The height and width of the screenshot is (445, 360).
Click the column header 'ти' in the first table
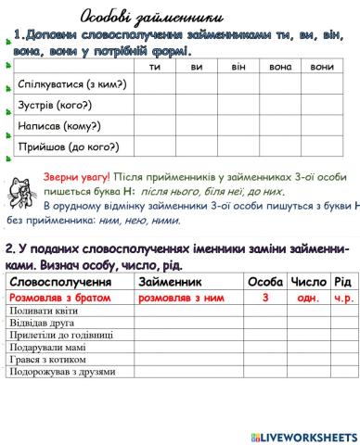(154, 68)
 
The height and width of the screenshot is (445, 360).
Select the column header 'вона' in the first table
(278, 68)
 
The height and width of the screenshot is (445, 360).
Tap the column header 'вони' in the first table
(321, 68)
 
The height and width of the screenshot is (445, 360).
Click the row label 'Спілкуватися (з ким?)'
(72, 85)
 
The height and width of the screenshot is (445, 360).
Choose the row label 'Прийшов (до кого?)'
(68, 146)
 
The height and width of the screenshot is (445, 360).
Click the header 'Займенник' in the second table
(169, 281)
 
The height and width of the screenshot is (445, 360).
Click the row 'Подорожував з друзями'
(61, 371)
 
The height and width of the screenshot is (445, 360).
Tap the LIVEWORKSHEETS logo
(304, 435)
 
